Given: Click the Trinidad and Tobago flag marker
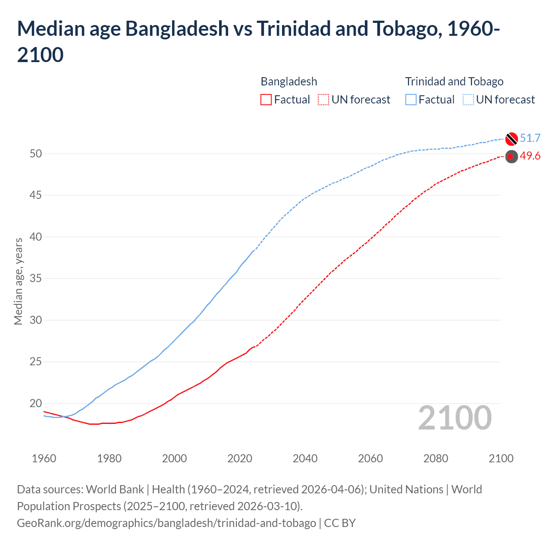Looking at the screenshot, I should tap(511, 139).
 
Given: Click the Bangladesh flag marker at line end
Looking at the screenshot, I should tap(511, 157).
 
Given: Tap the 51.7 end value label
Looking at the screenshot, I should tap(530, 138).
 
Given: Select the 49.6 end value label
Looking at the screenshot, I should tap(530, 156).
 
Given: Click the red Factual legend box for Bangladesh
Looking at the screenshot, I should tap(266, 100).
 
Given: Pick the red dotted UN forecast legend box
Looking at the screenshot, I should tap(323, 100).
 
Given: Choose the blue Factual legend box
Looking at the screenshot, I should tap(411, 100).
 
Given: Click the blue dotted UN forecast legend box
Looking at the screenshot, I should tap(468, 100).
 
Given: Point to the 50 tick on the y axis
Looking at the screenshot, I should tap(36, 154).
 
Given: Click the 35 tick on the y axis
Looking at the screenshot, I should tap(36, 279).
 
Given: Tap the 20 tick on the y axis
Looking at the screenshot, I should tap(36, 404).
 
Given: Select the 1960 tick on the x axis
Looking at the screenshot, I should tap(44, 458).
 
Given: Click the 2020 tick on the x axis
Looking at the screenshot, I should tap(240, 458).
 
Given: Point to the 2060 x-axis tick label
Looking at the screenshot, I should tap(370, 458).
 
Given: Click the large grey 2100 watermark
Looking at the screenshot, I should tap(455, 417).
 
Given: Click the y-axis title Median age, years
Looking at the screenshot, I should tap(18, 281).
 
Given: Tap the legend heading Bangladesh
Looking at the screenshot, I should tap(289, 82).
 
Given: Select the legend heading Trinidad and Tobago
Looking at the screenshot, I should tap(454, 82).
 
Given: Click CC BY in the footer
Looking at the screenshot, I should tap(340, 523).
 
